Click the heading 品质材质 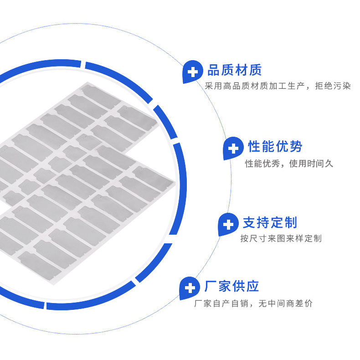coord(234,71)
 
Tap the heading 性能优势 coord(275,147)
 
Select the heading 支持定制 coord(270,223)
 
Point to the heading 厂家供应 coord(231,286)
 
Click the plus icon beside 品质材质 coord(193,72)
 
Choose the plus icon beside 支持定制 coord(228,224)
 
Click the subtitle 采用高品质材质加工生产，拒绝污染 coord(278,86)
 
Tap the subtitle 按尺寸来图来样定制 coord(281,238)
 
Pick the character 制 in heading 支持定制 coord(290,223)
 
